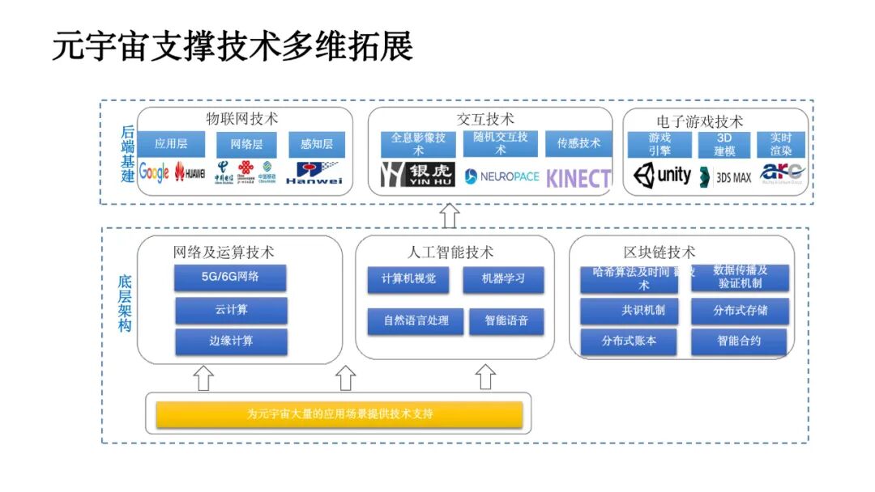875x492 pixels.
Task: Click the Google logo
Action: (154, 172)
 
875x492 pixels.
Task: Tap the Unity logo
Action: (662, 175)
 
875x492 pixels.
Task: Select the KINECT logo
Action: (578, 178)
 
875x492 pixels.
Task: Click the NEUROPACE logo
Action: (502, 176)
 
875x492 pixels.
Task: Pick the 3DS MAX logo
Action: (725, 176)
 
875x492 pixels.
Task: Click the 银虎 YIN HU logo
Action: (417, 175)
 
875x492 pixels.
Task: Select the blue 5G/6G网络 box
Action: (230, 278)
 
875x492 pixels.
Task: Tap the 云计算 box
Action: (231, 310)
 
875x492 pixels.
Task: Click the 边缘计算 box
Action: (231, 341)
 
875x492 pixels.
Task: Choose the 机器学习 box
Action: (503, 279)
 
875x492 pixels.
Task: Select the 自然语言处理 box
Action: (416, 320)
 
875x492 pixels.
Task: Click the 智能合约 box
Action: (739, 341)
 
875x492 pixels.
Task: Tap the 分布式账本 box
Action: (629, 341)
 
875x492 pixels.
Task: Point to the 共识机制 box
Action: (629, 311)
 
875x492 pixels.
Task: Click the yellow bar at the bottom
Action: (339, 414)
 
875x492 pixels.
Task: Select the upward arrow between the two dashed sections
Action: (450, 215)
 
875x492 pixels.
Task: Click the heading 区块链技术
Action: (659, 252)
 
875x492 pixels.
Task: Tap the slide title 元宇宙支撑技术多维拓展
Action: (233, 46)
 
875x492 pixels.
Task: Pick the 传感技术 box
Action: (578, 144)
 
